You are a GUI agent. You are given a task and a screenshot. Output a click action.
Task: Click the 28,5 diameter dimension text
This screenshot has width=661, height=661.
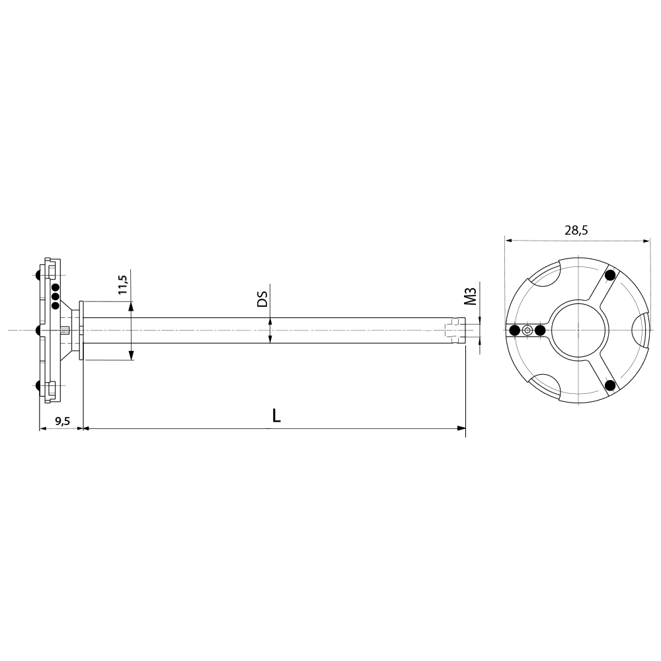click(x=576, y=231)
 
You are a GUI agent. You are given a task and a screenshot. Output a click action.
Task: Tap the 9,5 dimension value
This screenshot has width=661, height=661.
click(x=63, y=420)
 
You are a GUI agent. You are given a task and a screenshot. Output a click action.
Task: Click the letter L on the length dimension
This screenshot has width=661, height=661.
click(x=276, y=416)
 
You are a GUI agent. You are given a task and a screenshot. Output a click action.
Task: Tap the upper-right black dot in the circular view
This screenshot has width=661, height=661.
click(x=610, y=275)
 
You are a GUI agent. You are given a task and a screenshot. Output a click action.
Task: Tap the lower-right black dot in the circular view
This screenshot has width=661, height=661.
click(x=610, y=385)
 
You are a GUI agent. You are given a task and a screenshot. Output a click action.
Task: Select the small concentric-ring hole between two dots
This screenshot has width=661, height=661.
click(x=527, y=330)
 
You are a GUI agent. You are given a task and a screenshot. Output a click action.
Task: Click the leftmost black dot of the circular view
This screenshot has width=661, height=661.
click(x=514, y=330)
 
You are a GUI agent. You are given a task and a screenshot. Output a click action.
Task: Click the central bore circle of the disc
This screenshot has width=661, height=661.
click(x=578, y=329)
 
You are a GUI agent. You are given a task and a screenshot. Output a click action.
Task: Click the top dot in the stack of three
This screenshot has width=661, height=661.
click(x=56, y=288)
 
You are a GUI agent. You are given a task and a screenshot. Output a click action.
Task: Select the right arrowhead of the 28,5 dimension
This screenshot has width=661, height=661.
click(x=646, y=241)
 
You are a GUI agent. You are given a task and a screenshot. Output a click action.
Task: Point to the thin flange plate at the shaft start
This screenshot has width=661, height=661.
click(x=81, y=330)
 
